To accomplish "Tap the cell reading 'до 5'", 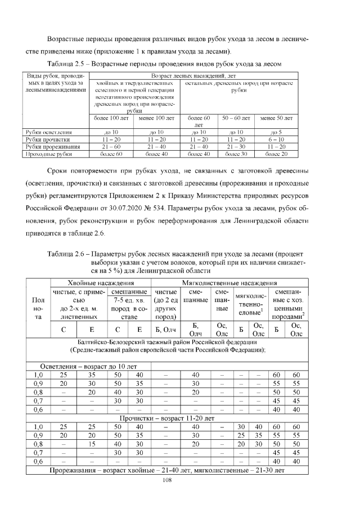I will click(x=277, y=132).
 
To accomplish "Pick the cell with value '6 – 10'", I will click(x=277, y=138).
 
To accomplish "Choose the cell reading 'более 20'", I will click(x=277, y=152).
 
